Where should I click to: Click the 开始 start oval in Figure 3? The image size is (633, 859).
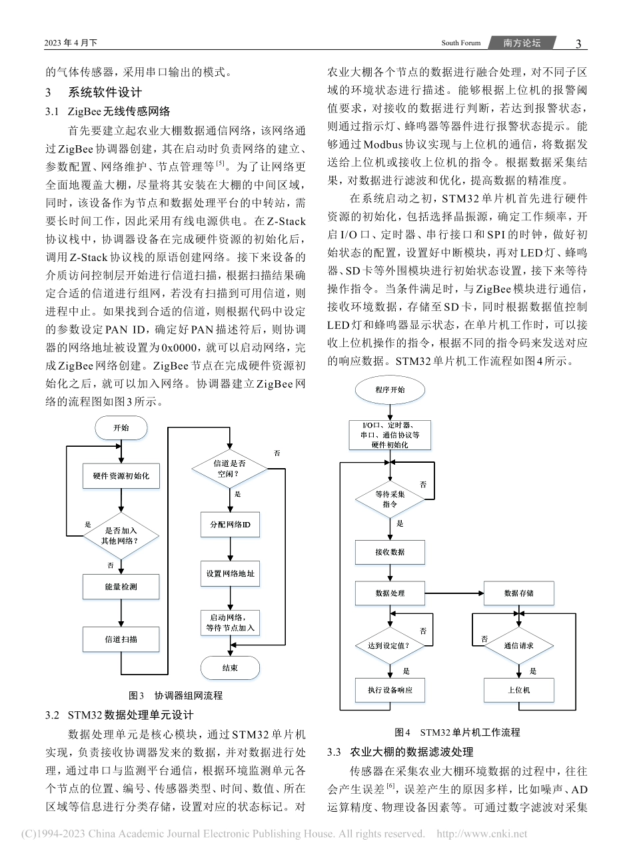pos(121,428)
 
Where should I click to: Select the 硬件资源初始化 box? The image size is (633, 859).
pos(121,476)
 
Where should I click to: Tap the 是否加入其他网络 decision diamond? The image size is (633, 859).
pos(121,536)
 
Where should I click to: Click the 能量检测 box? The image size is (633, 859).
pos(121,587)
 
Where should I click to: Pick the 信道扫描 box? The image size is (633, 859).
pos(121,639)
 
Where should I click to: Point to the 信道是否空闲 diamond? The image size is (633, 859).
pos(230,469)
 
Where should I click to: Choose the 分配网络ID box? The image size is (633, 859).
pos(230,524)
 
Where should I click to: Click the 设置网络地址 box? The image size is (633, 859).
pos(230,573)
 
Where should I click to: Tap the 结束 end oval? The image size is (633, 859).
pos(230,668)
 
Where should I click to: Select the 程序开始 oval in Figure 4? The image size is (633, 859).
pos(390,390)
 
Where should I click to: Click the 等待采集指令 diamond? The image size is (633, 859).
pos(390,499)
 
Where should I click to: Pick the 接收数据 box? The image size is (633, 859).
pos(390,552)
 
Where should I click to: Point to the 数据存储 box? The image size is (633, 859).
pos(518,593)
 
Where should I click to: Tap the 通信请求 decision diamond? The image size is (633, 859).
pos(518,645)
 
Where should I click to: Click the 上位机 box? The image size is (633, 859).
pos(518,690)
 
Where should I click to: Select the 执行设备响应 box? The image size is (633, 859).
pos(390,690)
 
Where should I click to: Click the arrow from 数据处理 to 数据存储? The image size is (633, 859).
pos(454,593)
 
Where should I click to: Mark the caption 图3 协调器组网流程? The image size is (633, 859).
pos(175,695)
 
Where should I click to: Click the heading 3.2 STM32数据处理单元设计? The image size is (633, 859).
pos(119,715)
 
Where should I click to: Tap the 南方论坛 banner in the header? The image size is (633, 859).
pos(522,43)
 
